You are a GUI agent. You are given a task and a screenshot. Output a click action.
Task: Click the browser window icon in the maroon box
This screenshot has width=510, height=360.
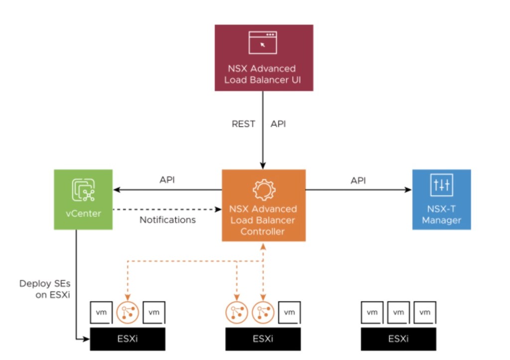click(x=263, y=43)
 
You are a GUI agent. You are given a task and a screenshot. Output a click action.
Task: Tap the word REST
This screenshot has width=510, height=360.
click(x=244, y=124)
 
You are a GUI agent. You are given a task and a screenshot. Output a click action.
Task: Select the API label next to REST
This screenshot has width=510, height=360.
click(x=278, y=124)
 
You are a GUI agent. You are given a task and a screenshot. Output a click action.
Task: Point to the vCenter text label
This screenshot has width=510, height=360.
click(x=83, y=214)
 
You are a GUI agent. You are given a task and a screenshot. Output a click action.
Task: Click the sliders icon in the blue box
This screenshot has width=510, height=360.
click(x=441, y=185)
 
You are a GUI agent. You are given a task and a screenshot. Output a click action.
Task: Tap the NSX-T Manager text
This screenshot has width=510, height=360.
click(x=441, y=215)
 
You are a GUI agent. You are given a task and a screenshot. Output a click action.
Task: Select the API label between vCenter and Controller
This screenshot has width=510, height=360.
click(x=167, y=180)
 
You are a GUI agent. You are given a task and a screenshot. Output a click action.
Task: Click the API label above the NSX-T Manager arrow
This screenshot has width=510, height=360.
click(x=358, y=180)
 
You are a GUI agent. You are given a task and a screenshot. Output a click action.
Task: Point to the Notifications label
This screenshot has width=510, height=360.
click(x=167, y=220)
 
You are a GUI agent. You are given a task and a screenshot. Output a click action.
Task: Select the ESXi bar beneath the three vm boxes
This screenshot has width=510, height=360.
click(x=398, y=339)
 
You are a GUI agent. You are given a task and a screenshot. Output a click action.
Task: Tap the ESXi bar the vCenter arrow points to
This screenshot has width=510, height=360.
click(x=127, y=339)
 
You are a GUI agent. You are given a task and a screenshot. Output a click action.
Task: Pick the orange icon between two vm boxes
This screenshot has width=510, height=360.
click(x=127, y=312)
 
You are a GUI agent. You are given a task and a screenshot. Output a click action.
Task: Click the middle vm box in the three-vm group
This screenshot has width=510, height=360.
click(x=398, y=313)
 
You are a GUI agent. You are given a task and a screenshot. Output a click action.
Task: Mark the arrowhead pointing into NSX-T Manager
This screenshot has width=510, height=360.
click(x=408, y=190)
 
